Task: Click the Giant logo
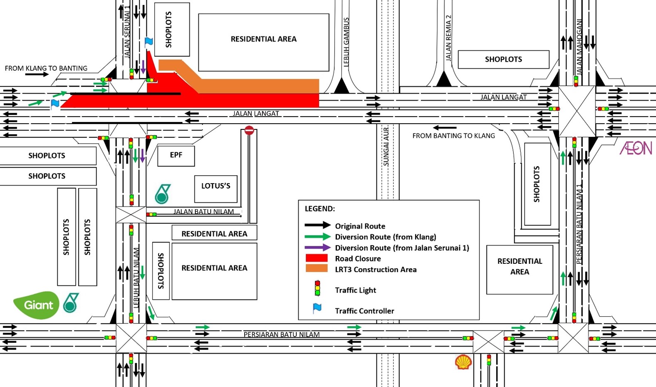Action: [36, 305]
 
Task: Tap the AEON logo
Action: [636, 148]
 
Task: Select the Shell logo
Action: [463, 362]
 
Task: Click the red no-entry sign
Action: [249, 131]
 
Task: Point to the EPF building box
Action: [176, 156]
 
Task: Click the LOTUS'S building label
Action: [215, 186]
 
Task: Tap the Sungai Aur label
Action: [386, 146]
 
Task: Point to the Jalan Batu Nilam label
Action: [203, 211]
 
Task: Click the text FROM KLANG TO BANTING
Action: [46, 68]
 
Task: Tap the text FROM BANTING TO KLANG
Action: [453, 136]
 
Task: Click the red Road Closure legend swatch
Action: [317, 258]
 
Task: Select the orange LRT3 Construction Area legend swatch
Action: [317, 269]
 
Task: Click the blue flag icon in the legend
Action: [317, 308]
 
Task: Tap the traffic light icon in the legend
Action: [317, 288]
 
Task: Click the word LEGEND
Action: [319, 209]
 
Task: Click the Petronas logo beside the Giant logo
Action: [71, 303]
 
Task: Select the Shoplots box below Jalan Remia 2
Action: [503, 60]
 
